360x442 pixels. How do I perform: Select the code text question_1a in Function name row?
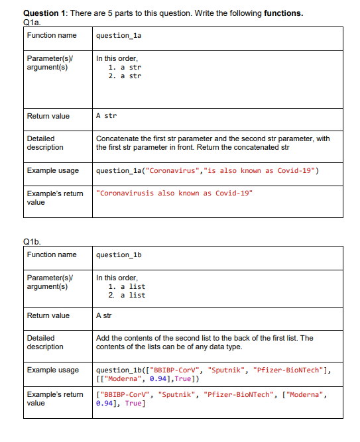click(x=119, y=36)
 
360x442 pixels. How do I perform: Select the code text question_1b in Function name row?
click(x=119, y=255)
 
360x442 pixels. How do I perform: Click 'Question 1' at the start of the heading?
click(x=44, y=13)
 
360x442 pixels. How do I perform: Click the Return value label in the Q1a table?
click(x=48, y=116)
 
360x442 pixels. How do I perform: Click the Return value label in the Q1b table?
click(x=48, y=315)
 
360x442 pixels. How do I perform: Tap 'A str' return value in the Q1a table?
click(x=106, y=116)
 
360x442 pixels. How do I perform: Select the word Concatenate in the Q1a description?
click(x=117, y=138)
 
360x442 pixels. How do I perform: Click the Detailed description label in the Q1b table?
click(x=45, y=343)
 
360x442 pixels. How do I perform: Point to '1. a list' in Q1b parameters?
click(x=127, y=286)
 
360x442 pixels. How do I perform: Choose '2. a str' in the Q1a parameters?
click(x=125, y=76)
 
